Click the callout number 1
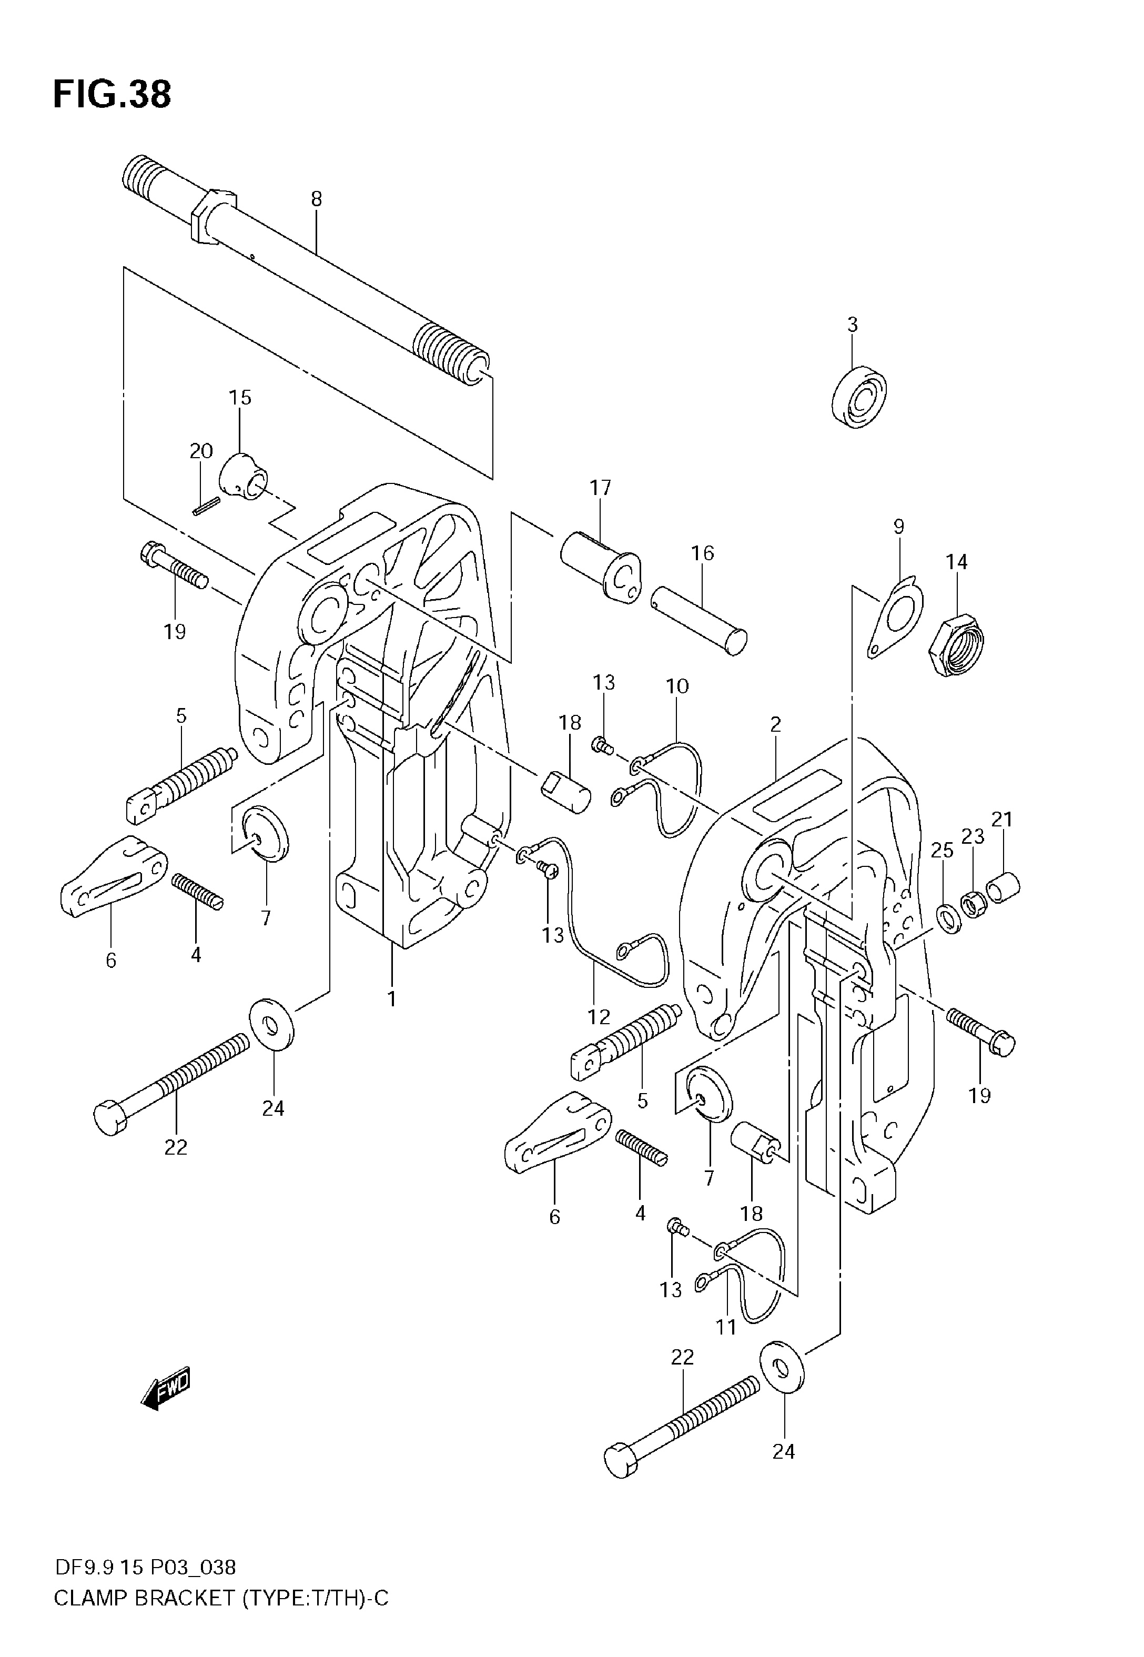coord(392,998)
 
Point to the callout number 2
coord(776,724)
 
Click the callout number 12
coord(599,1016)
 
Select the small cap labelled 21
coord(1004,885)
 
